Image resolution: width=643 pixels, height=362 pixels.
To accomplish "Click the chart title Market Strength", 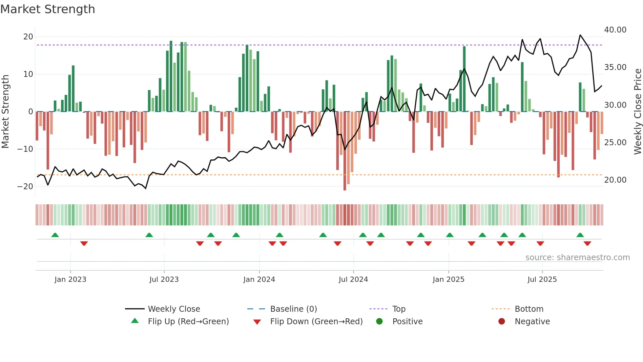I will (48, 9).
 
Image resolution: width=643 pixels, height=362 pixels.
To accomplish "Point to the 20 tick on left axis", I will (28, 37).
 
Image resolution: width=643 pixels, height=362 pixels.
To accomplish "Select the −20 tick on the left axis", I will (26, 187).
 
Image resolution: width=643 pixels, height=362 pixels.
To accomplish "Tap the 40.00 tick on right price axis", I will (615, 30).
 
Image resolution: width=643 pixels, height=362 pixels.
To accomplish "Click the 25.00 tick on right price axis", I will (615, 143).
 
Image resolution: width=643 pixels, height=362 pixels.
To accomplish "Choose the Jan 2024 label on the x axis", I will (259, 280).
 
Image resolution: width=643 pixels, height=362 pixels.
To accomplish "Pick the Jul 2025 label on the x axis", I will (542, 280).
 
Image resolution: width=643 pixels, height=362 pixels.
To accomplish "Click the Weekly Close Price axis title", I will (637, 112).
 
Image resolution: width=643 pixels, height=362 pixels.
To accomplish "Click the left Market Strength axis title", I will (6, 112).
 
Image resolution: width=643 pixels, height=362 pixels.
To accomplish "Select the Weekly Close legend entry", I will (174, 309).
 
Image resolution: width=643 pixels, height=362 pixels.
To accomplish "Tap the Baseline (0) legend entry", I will (293, 309).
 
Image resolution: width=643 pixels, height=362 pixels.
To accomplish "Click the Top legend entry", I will (399, 309).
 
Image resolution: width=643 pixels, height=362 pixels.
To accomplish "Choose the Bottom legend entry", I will (529, 309).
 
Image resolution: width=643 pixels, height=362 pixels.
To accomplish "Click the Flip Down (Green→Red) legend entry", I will (316, 322).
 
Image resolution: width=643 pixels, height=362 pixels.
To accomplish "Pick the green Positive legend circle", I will (379, 322).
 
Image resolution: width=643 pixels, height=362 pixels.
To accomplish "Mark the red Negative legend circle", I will (501, 322).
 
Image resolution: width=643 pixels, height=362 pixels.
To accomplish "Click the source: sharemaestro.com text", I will (577, 258).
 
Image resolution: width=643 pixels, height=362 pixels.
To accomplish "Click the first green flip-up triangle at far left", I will (55, 235).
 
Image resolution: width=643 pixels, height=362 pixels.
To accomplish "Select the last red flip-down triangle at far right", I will (587, 243).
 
